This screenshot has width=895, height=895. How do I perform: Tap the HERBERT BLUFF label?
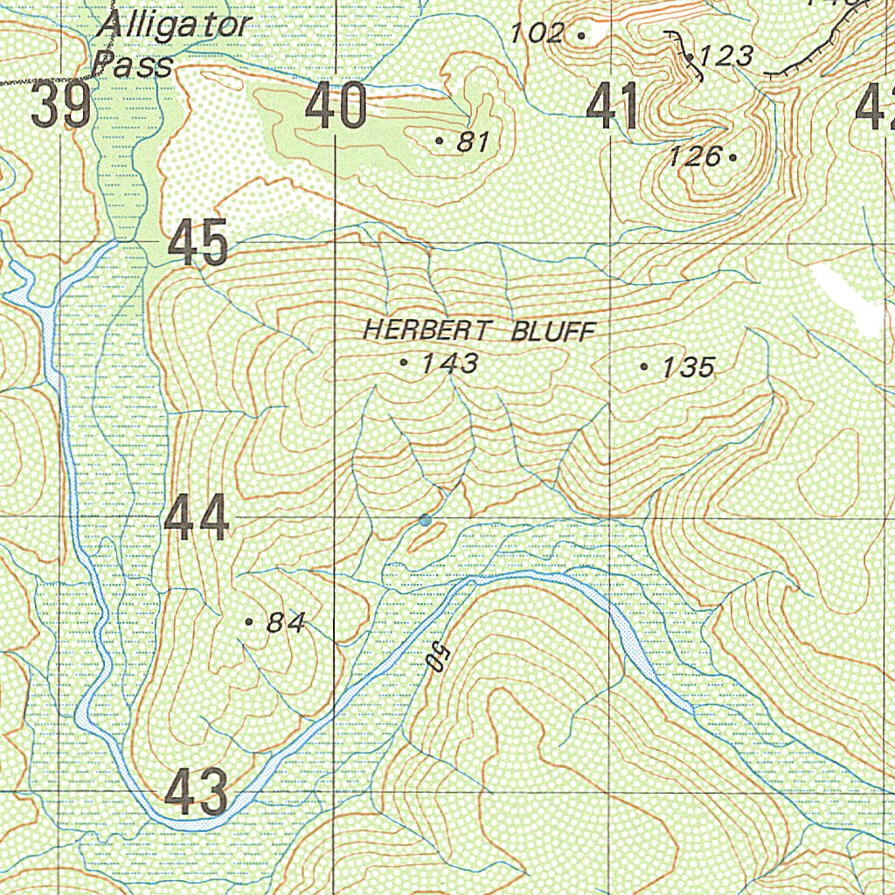(x=479, y=331)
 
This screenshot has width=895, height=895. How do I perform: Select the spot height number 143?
(x=449, y=364)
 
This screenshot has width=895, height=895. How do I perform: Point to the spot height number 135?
(x=688, y=368)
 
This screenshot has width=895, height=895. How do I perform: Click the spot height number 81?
(x=472, y=142)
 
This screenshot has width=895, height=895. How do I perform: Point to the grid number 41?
(x=612, y=107)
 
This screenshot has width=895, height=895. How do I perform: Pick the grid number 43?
(x=197, y=792)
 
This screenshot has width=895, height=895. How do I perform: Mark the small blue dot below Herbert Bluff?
(x=426, y=521)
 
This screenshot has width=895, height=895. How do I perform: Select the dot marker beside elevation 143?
(x=403, y=362)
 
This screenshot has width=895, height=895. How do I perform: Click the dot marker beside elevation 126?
(x=732, y=157)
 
